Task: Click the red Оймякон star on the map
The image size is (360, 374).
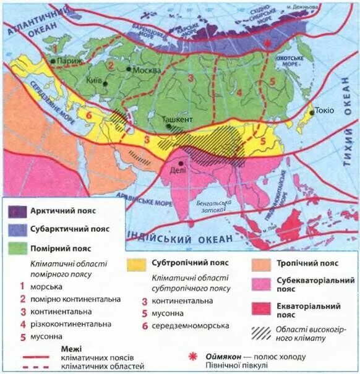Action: [267, 45]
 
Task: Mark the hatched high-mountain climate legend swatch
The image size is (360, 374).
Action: [262, 333]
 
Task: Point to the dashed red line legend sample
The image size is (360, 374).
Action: [37, 367]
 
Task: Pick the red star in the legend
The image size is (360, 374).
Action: [192, 357]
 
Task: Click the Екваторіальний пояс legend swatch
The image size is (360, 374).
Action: [262, 308]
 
